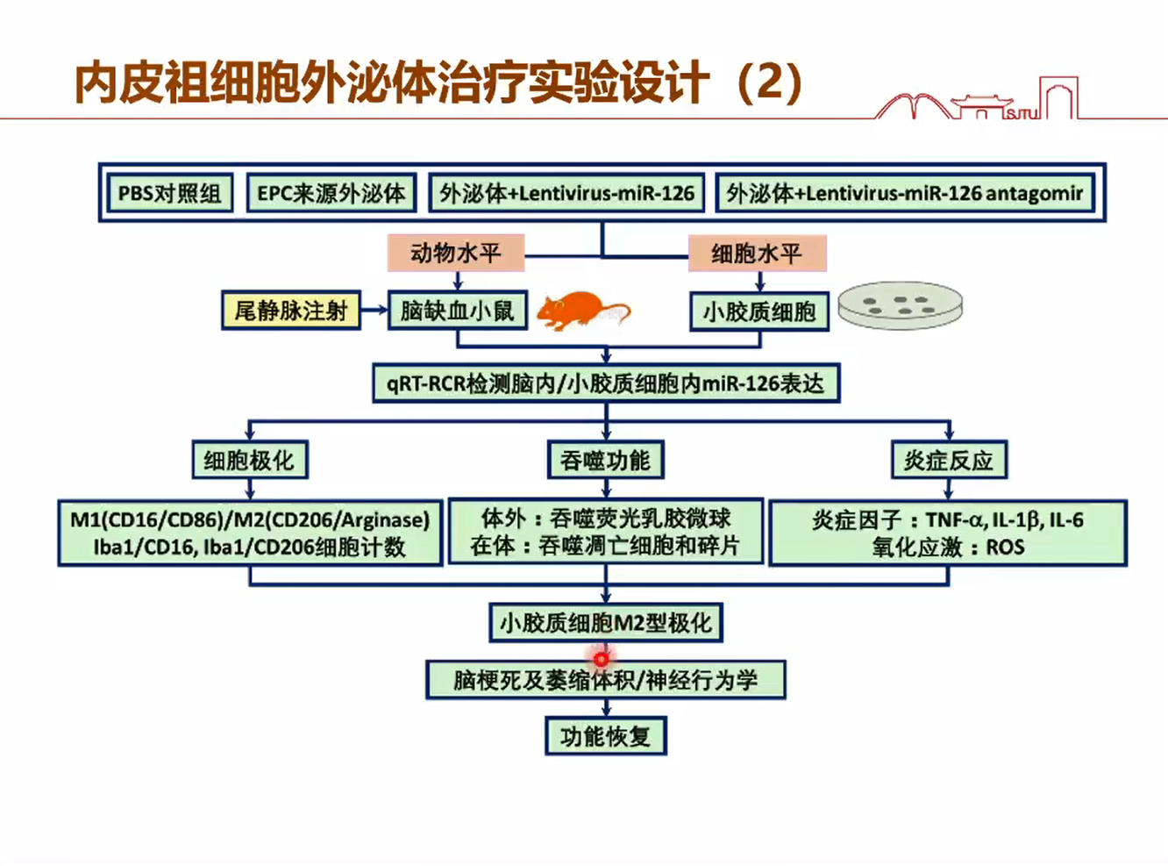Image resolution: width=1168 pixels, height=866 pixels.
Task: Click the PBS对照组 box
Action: coord(169,193)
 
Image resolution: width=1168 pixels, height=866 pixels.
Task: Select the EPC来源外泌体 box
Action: coord(331,193)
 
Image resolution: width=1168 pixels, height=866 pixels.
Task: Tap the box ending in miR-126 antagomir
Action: coord(904,193)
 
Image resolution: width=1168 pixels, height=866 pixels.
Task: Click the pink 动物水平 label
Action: coord(456,253)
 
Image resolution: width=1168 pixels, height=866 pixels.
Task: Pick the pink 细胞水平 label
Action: coord(758,254)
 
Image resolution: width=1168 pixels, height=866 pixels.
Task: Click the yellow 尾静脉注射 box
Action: coord(291,311)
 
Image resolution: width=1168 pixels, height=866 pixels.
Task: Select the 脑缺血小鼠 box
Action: coord(458,311)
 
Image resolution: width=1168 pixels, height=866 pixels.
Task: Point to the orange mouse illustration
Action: coord(583,311)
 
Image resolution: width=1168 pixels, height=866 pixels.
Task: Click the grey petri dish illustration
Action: coord(900,305)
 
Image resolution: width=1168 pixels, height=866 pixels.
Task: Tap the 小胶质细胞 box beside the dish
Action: coord(759,311)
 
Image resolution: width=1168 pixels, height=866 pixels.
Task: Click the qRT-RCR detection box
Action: coord(606,383)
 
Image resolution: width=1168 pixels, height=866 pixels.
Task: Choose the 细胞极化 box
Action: coord(250,460)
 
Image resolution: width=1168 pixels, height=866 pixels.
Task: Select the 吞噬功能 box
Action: coord(606,460)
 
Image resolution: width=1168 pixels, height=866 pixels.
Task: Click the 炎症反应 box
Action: coord(949,460)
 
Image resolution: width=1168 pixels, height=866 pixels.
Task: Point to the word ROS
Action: coord(1005,548)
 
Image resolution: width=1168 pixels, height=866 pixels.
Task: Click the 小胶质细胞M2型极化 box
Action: coord(606,623)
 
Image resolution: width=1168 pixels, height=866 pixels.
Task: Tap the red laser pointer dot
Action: coord(601,659)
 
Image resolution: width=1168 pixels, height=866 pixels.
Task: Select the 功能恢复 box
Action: coord(606,736)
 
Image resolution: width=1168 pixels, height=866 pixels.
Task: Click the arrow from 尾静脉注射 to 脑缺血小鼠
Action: coord(374,310)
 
